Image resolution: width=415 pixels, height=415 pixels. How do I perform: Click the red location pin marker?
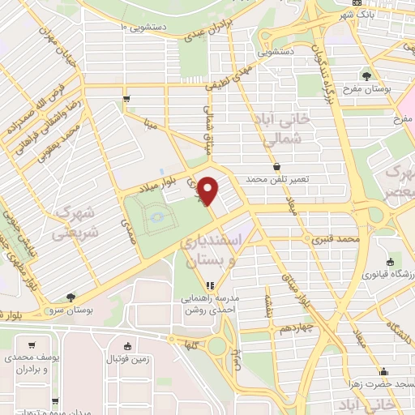coord(208,190)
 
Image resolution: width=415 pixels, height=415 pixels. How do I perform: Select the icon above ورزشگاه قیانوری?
coord(391,262)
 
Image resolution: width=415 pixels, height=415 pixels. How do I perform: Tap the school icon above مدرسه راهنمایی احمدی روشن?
coord(210,285)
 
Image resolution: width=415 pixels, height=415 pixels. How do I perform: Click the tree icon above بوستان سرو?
coord(71,297)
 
